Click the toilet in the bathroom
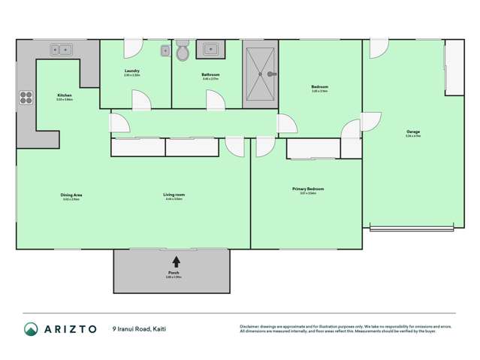click(183, 53)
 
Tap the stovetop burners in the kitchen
click(26, 97)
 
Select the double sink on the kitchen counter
click(62, 50)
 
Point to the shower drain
click(262, 74)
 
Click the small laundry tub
click(165, 50)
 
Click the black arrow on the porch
click(176, 262)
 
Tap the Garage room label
click(412, 132)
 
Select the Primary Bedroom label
click(307, 189)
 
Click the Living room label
click(174, 195)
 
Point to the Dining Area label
click(71, 195)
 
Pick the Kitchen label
click(65, 95)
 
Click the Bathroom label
click(210, 74)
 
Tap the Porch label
click(174, 273)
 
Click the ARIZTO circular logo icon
click(31, 328)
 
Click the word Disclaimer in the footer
click(253, 326)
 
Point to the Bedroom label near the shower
click(319, 86)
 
